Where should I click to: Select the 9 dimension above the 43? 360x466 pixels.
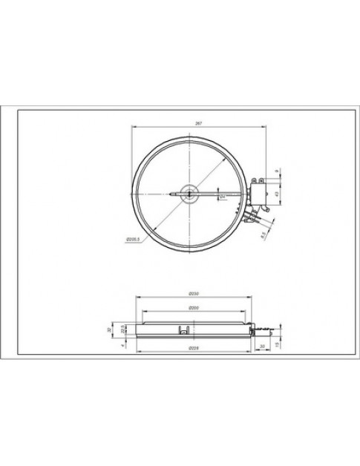tap(277, 171)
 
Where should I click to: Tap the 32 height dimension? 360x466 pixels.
tap(109, 329)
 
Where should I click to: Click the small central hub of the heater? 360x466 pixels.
tap(191, 195)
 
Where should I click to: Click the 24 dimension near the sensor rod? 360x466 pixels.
tap(221, 197)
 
